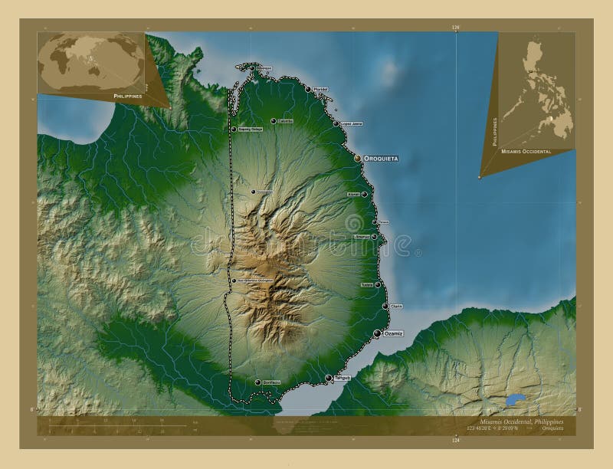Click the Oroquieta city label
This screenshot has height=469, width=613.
(381, 158)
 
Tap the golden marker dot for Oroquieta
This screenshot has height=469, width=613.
(358, 158)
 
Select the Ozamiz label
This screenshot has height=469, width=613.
(392, 333)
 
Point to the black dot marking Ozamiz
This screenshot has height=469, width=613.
(377, 333)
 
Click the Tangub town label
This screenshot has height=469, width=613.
(342, 377)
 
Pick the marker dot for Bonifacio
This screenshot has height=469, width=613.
(257, 382)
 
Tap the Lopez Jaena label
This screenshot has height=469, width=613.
(351, 123)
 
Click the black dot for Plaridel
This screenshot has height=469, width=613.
(308, 90)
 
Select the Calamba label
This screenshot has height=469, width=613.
(286, 120)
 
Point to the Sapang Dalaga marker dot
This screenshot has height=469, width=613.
(234, 129)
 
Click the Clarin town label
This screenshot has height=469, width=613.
(396, 307)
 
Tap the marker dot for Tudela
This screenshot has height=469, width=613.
(377, 284)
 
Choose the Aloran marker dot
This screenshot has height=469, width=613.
(364, 195)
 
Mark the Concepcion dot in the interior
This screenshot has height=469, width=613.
(253, 192)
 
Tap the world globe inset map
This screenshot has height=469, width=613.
(90, 61)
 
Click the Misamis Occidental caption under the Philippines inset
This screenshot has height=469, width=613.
(526, 152)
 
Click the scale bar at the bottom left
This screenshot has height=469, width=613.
(115, 425)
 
